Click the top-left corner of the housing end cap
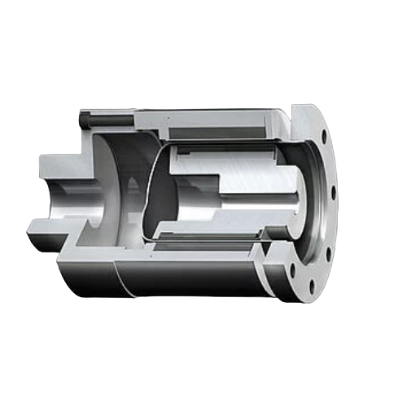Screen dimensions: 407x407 [x=82, y=112]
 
